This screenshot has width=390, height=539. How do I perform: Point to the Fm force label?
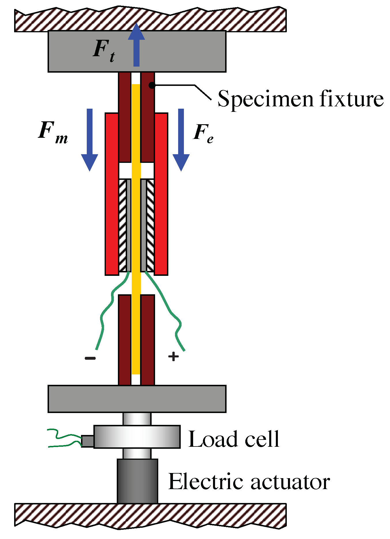[53, 133]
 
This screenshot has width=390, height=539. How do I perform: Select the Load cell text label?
[234, 439]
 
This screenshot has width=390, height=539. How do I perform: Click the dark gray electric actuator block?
[137, 481]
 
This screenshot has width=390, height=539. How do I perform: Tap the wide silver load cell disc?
[137, 437]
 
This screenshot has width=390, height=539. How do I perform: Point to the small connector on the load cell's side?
[88, 441]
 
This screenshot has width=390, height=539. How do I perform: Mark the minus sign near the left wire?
[90, 358]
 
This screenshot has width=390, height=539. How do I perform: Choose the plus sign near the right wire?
[174, 357]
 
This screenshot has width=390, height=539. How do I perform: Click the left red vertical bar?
[112, 194]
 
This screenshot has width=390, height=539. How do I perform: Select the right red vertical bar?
[161, 194]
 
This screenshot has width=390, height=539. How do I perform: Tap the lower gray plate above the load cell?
[137, 399]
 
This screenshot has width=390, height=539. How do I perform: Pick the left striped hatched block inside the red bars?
[123, 225]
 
